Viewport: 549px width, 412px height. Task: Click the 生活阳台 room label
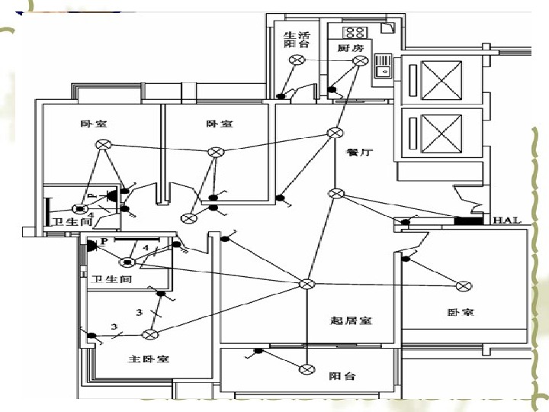coord(297,39)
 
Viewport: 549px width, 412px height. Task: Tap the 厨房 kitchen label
coord(350,48)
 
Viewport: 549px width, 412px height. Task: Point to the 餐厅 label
coord(358,152)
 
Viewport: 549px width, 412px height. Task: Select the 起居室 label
coord(352,320)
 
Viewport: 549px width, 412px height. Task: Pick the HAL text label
coord(506,220)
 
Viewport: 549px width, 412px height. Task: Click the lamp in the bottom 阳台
coord(307,369)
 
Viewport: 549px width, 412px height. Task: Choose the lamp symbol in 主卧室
coord(150,333)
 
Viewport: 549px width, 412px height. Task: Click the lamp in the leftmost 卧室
coord(102,144)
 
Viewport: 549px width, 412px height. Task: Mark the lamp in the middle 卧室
coord(216,152)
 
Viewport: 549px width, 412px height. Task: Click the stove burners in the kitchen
coord(355,32)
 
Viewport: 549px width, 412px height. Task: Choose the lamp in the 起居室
coord(307,285)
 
